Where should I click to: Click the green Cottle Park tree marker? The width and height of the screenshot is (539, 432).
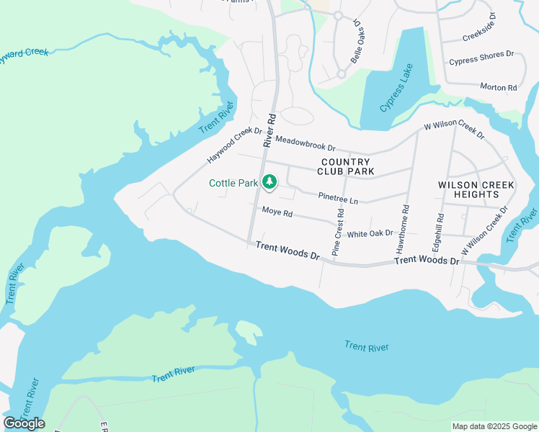pos(269,182)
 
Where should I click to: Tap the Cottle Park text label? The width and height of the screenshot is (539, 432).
pos(233,184)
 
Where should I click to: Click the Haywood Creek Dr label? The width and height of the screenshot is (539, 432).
pos(234,145)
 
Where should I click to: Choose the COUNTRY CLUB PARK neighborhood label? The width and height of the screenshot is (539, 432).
pos(346,167)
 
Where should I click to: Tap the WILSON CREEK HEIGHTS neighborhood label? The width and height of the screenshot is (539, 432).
pos(476,190)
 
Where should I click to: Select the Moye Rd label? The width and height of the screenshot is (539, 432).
pos(277,212)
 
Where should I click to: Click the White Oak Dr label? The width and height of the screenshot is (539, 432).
pos(370,234)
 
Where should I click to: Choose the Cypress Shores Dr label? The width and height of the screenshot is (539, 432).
pos(481,58)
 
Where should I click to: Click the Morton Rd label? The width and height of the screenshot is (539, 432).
pos(499,87)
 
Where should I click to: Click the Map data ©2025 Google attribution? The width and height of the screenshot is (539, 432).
pos(494,426)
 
